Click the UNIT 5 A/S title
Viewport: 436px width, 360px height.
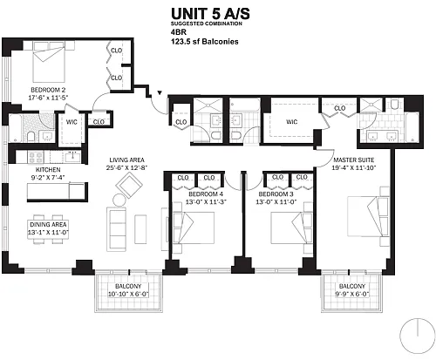210,14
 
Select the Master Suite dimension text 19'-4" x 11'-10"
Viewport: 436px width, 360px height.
354,167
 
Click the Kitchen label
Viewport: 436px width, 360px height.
48,169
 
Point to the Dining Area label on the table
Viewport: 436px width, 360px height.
48,225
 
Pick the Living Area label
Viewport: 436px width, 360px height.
126,160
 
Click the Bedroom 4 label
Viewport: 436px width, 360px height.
206,194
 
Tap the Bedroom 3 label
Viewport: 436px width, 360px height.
276,194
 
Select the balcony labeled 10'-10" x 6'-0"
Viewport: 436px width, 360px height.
128,294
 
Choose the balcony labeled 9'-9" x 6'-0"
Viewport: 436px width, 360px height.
351,294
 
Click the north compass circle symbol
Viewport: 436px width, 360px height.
418,336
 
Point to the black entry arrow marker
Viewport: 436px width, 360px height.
160,93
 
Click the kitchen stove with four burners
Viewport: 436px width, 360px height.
36,157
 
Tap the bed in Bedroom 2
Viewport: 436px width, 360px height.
49,62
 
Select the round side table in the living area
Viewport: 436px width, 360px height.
119,200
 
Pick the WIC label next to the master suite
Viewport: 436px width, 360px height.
291,122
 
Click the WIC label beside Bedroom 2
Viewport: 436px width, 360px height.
72,122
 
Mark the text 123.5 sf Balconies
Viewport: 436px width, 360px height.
205,42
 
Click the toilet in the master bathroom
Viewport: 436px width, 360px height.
394,104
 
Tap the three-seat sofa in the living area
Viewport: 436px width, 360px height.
116,228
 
